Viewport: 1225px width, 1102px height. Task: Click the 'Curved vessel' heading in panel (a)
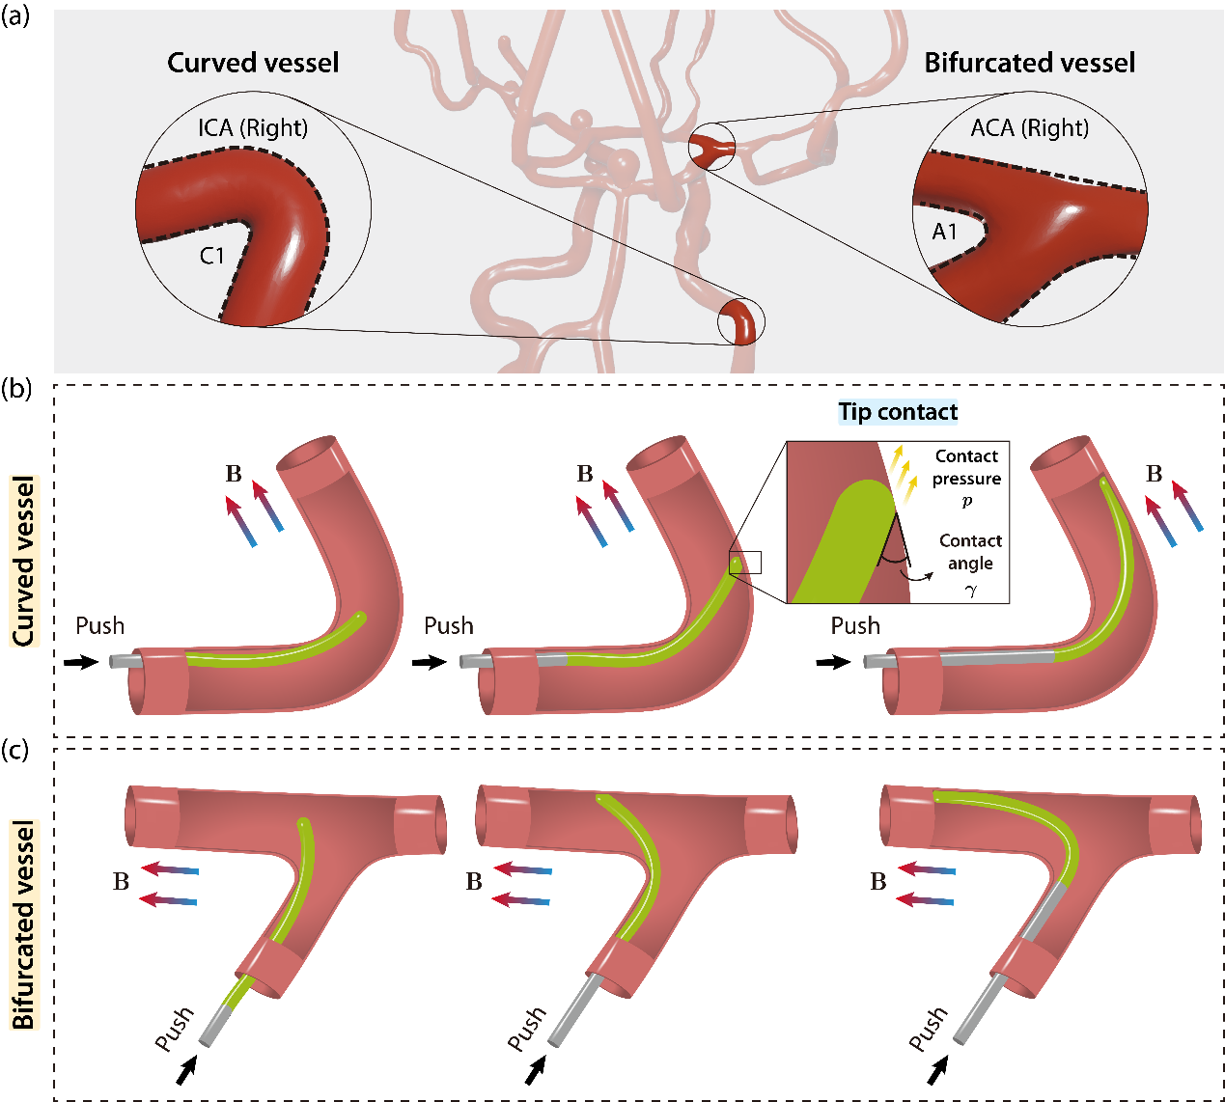pos(253,63)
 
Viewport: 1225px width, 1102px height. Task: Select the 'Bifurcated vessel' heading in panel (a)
pos(1029,63)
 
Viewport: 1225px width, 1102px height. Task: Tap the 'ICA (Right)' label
pos(253,127)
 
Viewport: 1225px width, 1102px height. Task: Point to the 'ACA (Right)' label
pos(1029,127)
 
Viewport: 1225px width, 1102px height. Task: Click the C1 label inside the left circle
pos(212,256)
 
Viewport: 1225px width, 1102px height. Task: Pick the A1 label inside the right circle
pos(944,232)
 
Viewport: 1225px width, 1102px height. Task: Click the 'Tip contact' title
pos(898,412)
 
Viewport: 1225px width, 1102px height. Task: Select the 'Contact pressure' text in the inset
pos(966,468)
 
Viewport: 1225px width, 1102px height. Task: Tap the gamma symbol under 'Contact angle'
pos(971,591)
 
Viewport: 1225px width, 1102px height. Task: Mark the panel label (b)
pos(16,389)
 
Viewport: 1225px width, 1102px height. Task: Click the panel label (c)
pos(16,750)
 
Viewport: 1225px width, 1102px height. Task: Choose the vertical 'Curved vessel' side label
pos(23,561)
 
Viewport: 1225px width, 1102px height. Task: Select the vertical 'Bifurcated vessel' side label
pos(23,924)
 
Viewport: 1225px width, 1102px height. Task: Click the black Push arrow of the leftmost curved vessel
pos(83,662)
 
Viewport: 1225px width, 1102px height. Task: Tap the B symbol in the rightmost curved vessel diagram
pos(1154,474)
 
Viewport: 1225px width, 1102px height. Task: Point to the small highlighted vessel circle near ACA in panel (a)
pos(712,148)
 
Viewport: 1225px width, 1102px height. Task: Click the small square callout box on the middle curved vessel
pos(745,563)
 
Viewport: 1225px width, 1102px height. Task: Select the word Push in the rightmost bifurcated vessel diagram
pos(928,1029)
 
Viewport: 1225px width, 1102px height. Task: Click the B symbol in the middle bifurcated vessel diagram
pos(474,882)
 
